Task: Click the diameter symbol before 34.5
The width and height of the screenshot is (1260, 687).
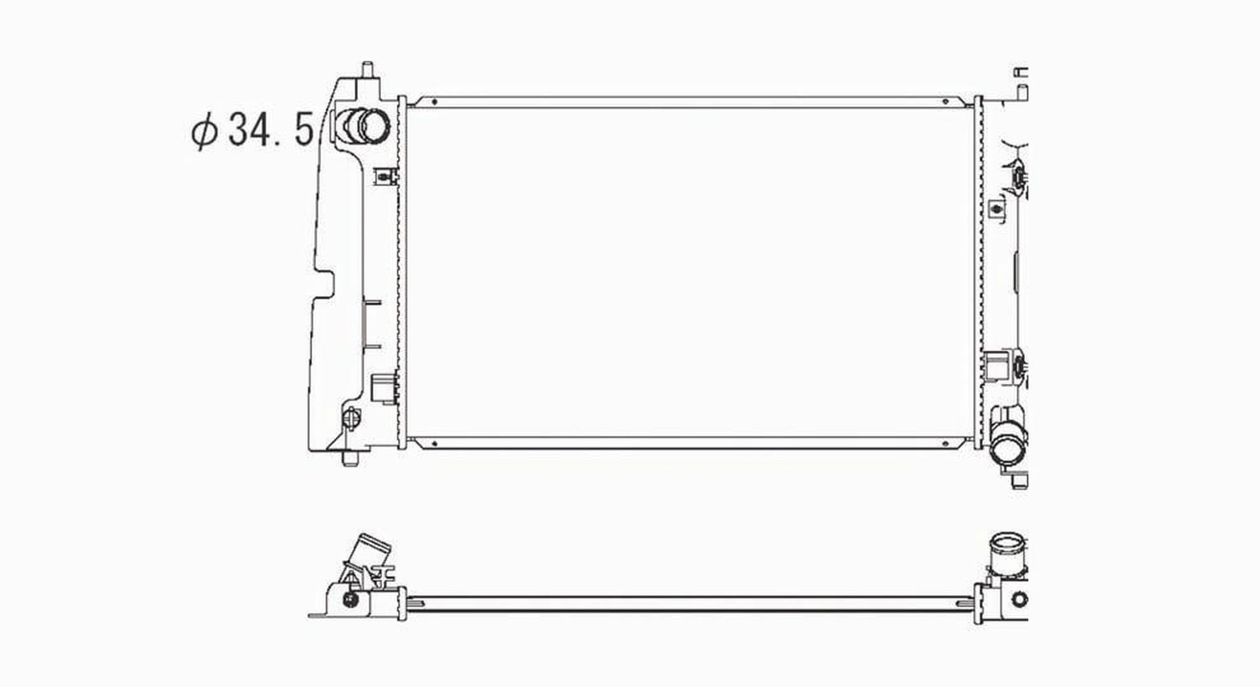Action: [x=204, y=132]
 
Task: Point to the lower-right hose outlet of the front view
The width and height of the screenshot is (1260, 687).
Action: [x=1010, y=450]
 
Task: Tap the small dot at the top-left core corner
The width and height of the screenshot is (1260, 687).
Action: [x=435, y=102]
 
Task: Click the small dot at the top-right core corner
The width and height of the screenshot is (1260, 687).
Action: [x=946, y=102]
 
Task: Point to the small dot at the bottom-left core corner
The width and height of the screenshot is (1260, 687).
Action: [x=435, y=444]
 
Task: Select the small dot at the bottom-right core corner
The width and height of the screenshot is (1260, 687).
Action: [x=946, y=444]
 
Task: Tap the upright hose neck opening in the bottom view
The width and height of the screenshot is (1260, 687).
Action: [x=1007, y=546]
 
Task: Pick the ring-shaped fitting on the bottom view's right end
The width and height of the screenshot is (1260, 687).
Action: [x=1020, y=600]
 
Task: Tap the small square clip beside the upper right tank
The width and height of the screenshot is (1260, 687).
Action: [x=995, y=208]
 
